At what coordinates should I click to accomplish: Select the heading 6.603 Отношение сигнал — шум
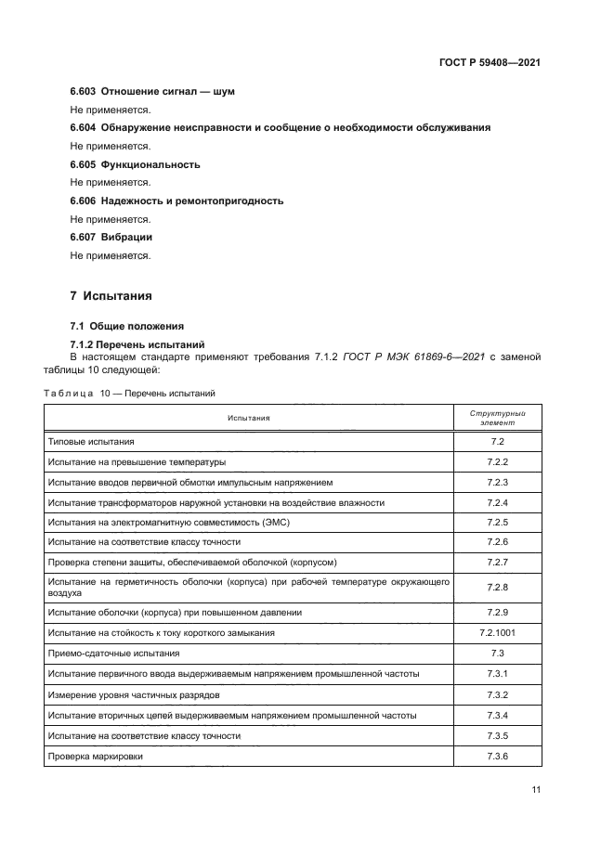click(152, 92)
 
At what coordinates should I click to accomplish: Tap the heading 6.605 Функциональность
click(135, 164)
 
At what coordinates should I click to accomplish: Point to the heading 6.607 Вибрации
click(111, 237)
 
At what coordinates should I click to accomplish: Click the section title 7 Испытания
click(111, 296)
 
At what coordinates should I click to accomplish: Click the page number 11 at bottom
click(536, 790)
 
